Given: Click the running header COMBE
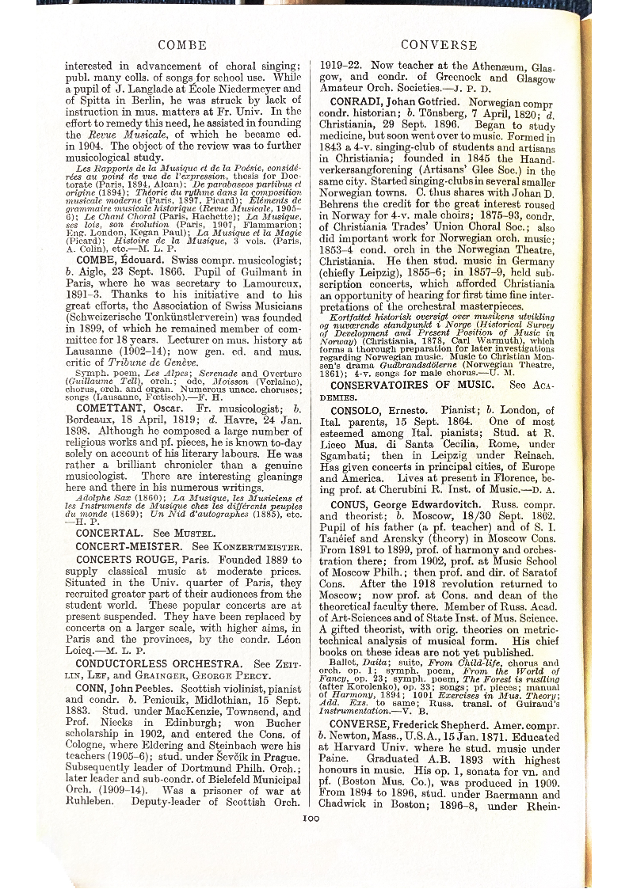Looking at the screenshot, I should pos(182,45).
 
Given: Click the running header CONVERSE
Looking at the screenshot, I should pos(439,45).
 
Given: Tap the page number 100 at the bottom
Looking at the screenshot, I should pos(310,819).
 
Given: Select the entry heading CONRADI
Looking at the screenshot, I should pos(360,103).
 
